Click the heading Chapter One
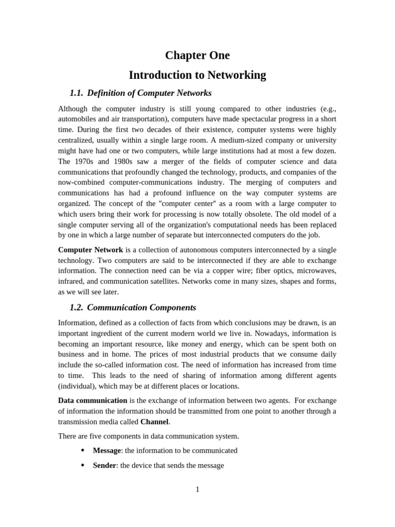click(197, 56)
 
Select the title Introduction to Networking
click(197, 75)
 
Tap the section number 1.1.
click(76, 93)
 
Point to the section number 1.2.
click(76, 308)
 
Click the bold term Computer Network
click(91, 250)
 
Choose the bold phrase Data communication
click(93, 400)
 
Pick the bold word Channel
click(154, 421)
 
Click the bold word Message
click(106, 450)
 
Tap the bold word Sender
click(104, 465)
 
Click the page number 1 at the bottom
click(197, 489)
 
